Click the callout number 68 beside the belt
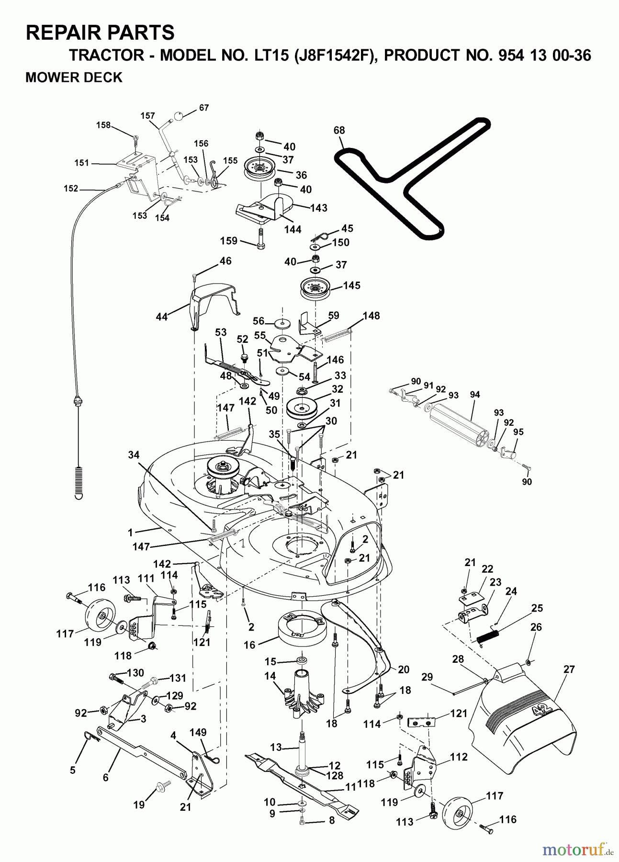pos(339,130)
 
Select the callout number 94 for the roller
pos(475,395)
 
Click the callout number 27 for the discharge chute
pos(569,669)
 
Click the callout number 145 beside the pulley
pos(352,285)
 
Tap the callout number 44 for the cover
pos(162,317)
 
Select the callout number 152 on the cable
pos(71,189)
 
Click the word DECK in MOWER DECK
pos(104,77)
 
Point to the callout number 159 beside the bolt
pos(229,240)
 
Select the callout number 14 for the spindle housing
pos(270,676)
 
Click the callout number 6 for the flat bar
pos(105,778)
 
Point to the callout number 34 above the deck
pos(134,455)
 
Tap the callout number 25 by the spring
pos(537,608)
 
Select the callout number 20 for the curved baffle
pos(403,669)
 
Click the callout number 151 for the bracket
pos(82,163)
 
